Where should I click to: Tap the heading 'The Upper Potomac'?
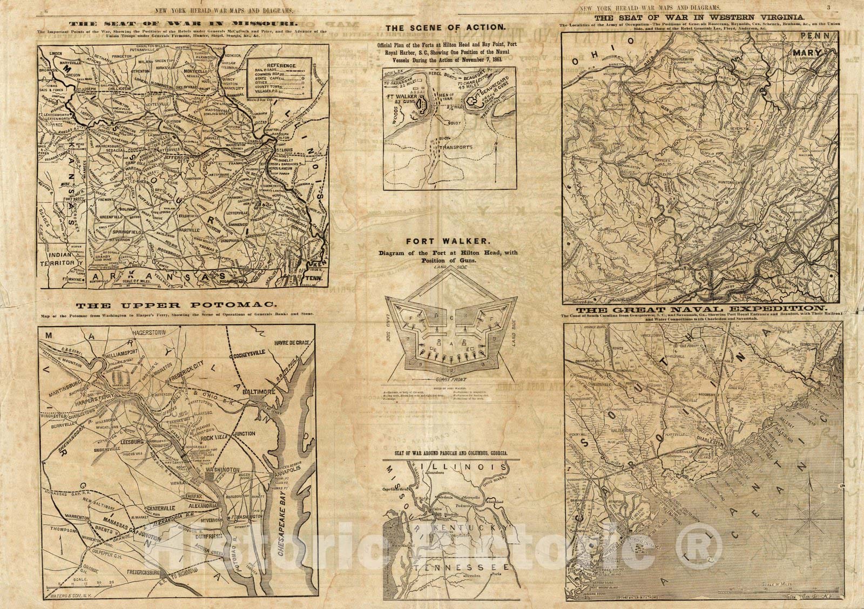(x=181, y=304)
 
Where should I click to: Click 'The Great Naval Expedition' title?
(x=700, y=310)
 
